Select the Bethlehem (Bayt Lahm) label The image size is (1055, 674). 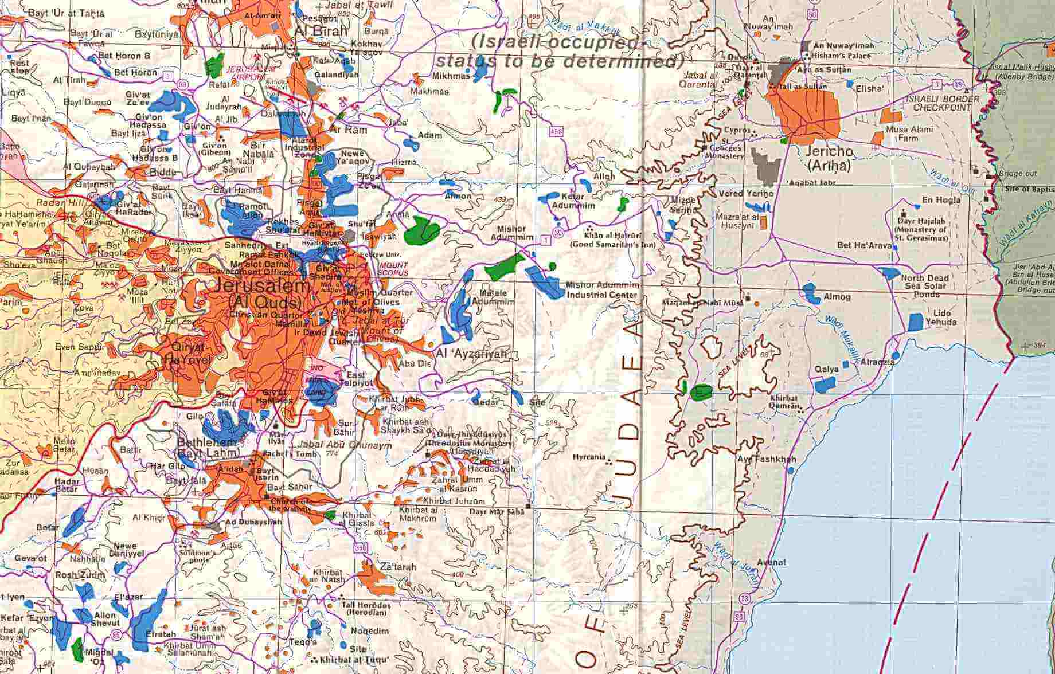pyautogui.click(x=206, y=448)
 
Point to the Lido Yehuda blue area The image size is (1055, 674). pyautogui.click(x=916, y=322)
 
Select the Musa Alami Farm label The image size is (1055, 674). pyautogui.click(x=909, y=134)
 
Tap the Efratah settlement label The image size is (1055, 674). pyautogui.click(x=160, y=634)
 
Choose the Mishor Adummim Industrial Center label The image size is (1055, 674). pyautogui.click(x=601, y=290)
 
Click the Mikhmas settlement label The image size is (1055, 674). pyautogui.click(x=452, y=76)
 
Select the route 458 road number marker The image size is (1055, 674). pyautogui.click(x=559, y=132)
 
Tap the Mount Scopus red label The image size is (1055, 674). pyautogui.click(x=393, y=269)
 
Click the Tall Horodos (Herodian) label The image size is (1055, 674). pyautogui.click(x=366, y=609)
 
